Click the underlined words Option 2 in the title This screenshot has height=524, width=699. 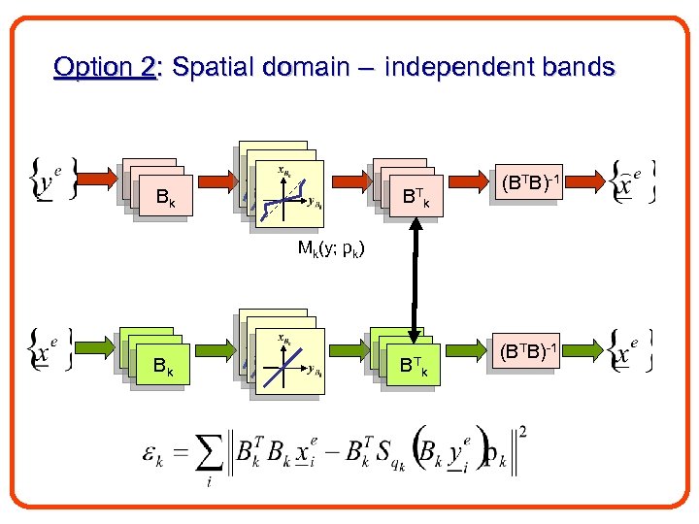105,68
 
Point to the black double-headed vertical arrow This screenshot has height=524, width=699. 415,277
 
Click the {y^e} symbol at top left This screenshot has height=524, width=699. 48,181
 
